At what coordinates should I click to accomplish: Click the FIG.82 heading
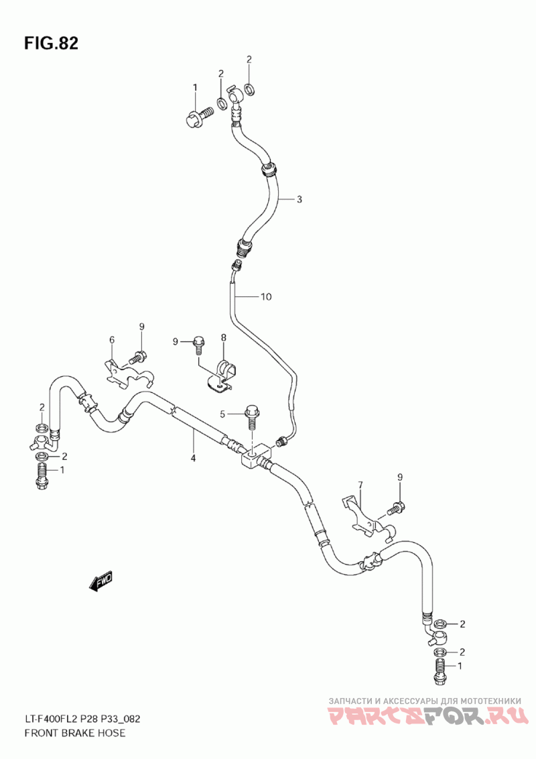coord(52,44)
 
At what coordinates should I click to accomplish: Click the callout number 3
coord(299,199)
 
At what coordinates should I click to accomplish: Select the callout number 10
coord(266,297)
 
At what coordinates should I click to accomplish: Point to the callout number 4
coord(192,458)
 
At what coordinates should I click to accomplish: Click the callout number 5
coord(223,414)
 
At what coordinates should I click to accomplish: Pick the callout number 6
coord(112,340)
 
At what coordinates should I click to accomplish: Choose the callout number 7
coord(360,484)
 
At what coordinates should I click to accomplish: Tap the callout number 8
coord(224,337)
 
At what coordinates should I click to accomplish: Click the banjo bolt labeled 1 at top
coord(199,117)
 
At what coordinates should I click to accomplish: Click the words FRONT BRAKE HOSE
coord(74,732)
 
